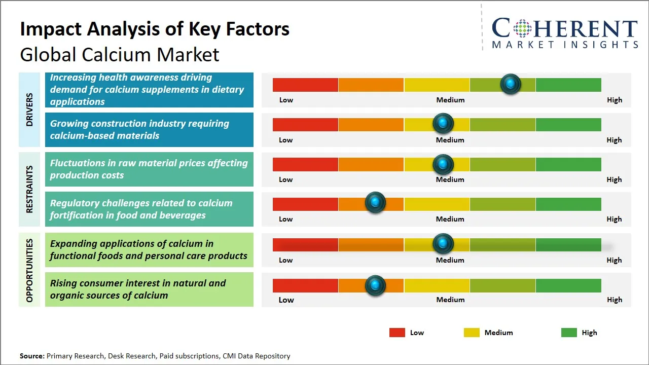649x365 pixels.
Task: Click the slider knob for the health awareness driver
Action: click(x=511, y=84)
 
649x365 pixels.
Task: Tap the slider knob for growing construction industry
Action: click(x=443, y=123)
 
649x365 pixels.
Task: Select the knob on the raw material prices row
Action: click(x=443, y=164)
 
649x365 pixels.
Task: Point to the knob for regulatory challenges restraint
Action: click(x=375, y=203)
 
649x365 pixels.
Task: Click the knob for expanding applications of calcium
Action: click(x=443, y=244)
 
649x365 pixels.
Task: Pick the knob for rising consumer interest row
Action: click(x=375, y=285)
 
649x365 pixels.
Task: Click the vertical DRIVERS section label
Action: click(x=29, y=109)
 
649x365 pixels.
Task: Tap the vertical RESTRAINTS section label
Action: click(x=29, y=189)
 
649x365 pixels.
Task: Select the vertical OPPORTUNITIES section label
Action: click(x=29, y=270)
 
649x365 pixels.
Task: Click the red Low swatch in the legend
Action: click(x=397, y=333)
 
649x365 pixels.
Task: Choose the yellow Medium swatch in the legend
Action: click(x=472, y=333)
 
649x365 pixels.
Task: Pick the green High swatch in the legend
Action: click(x=569, y=333)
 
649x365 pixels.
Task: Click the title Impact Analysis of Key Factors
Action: click(x=155, y=29)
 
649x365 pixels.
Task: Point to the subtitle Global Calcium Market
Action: click(x=120, y=54)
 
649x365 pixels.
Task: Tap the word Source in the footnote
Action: click(x=31, y=356)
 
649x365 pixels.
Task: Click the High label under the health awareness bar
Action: click(x=614, y=100)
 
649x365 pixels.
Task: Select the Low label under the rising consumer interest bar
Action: click(x=286, y=300)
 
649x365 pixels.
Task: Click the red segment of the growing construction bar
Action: click(x=305, y=125)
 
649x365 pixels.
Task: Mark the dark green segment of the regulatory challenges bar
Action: click(x=568, y=204)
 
